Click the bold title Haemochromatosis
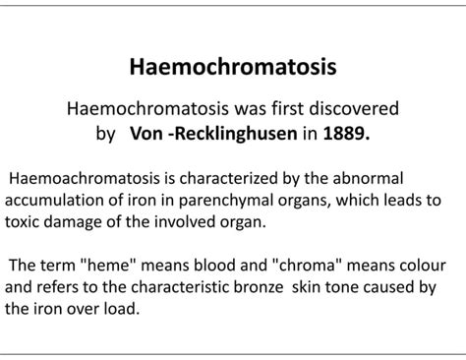(x=233, y=68)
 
